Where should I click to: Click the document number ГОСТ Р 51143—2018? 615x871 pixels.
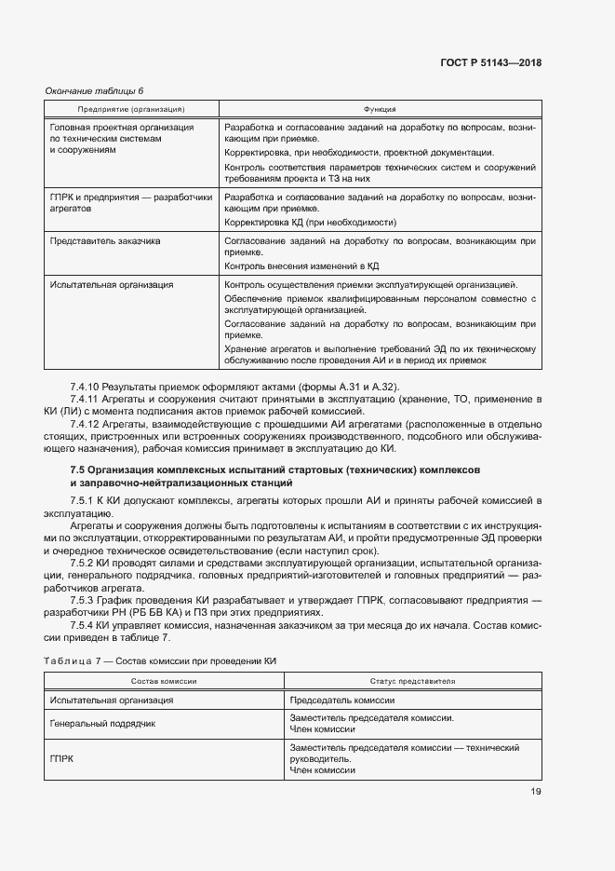click(490, 63)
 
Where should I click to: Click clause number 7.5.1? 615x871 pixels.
click(82, 501)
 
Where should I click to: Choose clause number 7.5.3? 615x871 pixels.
click(82, 599)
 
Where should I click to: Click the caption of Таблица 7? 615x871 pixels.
click(160, 660)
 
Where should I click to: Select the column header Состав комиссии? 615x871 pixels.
click(162, 681)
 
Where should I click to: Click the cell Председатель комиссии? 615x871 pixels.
click(342, 700)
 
